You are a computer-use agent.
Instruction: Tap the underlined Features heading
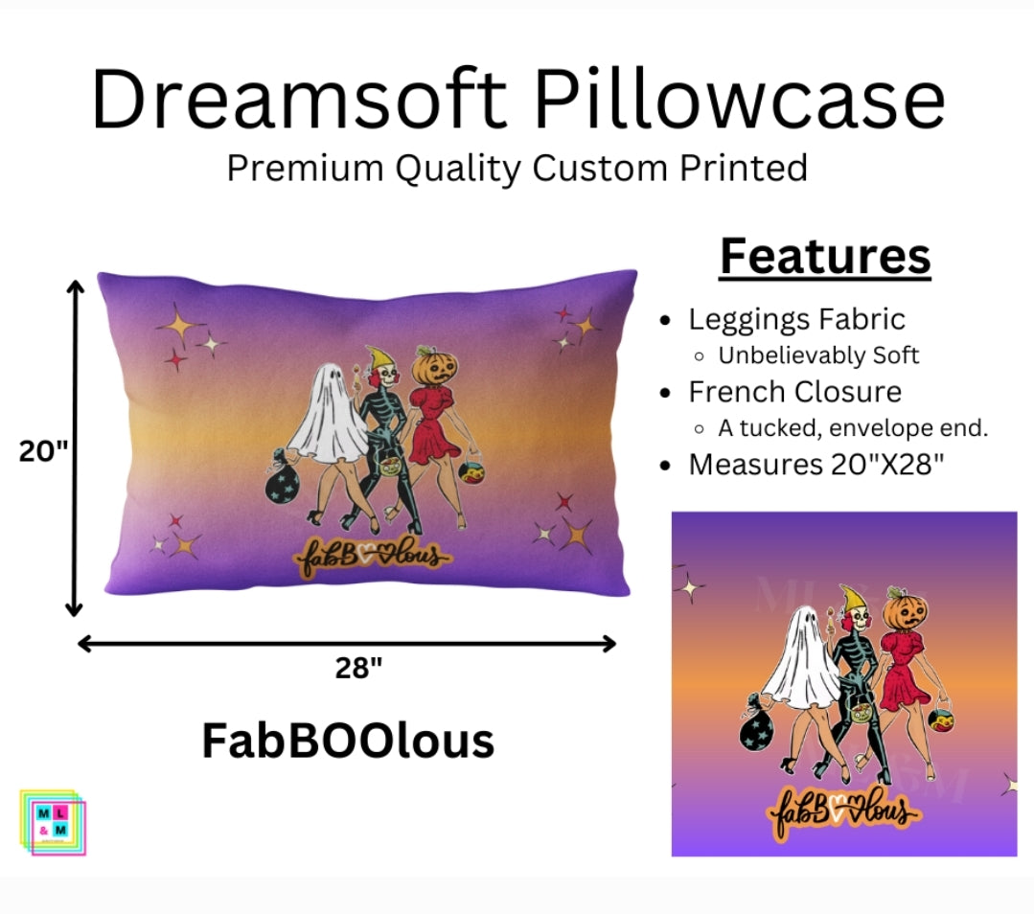824,256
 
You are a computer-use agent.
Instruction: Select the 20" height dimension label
43,449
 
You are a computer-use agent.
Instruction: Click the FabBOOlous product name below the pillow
348,741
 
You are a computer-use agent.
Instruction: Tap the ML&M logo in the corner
52,821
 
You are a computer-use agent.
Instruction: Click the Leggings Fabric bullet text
796,319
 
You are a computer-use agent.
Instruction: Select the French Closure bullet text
794,392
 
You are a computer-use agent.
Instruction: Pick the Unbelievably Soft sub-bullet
818,355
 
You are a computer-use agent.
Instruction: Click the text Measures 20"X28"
816,465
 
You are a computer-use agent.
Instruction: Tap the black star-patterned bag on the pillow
285,483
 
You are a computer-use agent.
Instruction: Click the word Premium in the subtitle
288,169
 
